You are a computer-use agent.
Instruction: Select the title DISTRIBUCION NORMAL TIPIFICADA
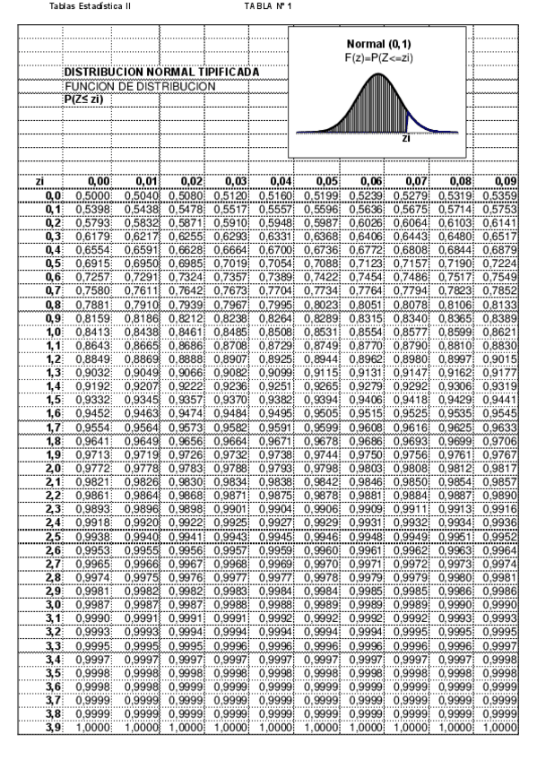(x=161, y=71)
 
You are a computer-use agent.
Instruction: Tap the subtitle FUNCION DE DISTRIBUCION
(x=140, y=85)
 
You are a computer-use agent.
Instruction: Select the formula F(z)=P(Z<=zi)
(x=377, y=56)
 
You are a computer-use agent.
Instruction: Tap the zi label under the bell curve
(x=406, y=139)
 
